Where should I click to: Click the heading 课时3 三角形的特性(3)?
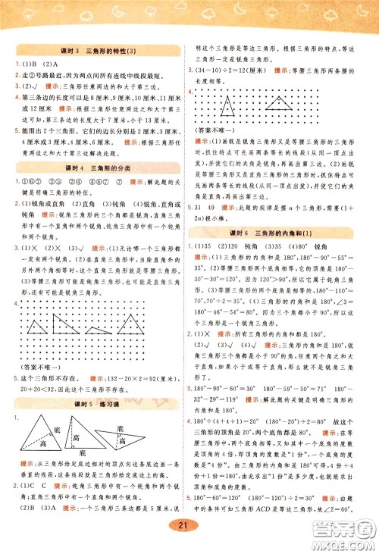click(96, 50)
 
